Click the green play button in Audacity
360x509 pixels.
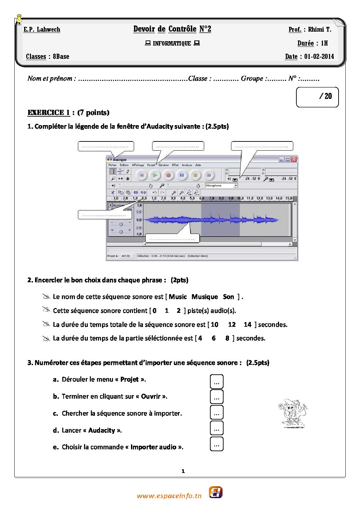point(155,175)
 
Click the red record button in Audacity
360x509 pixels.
point(168,175)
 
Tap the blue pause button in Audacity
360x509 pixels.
point(182,175)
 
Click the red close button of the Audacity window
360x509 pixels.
point(294,159)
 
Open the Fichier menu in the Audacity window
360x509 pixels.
point(112,165)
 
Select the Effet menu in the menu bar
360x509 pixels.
point(175,165)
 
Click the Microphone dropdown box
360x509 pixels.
point(222,186)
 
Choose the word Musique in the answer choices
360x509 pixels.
point(204,297)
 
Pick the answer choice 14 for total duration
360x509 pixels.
point(247,325)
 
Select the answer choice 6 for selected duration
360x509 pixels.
point(214,338)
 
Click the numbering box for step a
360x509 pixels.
point(217,381)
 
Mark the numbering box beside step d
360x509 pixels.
point(217,428)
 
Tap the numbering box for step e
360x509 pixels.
point(217,444)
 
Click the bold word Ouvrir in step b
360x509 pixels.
point(151,396)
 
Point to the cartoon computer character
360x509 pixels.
point(292,413)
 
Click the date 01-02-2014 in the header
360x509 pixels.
point(319,57)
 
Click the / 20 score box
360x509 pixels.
point(317,97)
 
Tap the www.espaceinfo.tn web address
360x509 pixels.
point(169,496)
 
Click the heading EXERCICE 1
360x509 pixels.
point(49,113)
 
